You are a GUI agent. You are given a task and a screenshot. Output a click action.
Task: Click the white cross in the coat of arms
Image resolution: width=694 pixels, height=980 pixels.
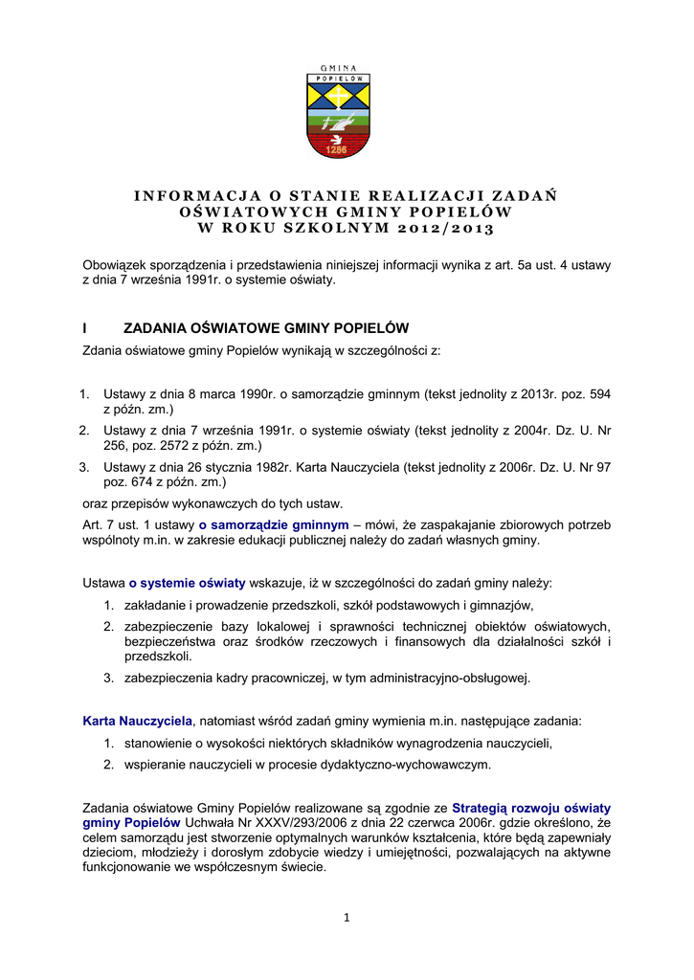click(338, 99)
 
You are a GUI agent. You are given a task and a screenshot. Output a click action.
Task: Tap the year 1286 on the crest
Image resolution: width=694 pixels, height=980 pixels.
click(336, 149)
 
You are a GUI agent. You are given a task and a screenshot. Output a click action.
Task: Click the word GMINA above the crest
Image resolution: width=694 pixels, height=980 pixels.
click(338, 68)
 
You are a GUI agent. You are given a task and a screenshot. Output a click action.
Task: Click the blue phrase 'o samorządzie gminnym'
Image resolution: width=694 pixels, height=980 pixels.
click(274, 524)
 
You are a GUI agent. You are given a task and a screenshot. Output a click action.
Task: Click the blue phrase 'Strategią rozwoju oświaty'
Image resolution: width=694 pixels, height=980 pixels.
click(531, 808)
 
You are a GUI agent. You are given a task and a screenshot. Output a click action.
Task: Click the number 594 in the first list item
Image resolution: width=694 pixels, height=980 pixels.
click(598, 393)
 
